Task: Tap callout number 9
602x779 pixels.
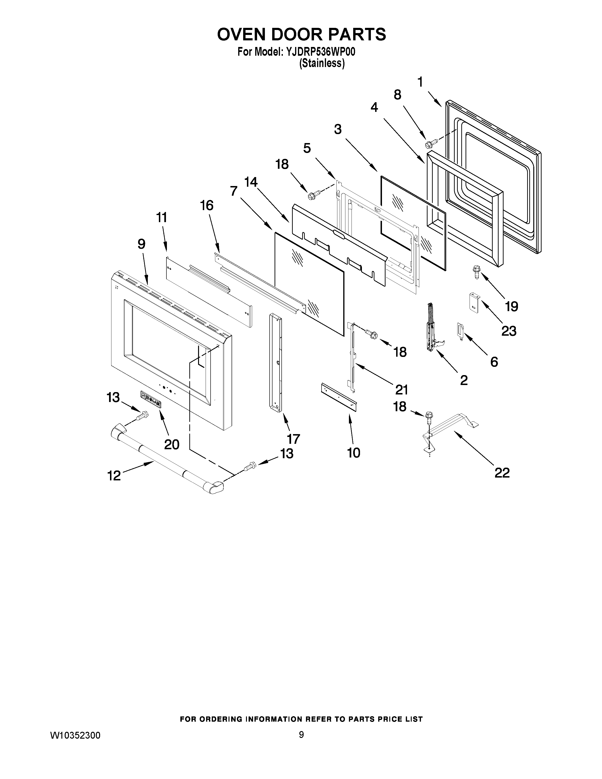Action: [141, 244]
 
